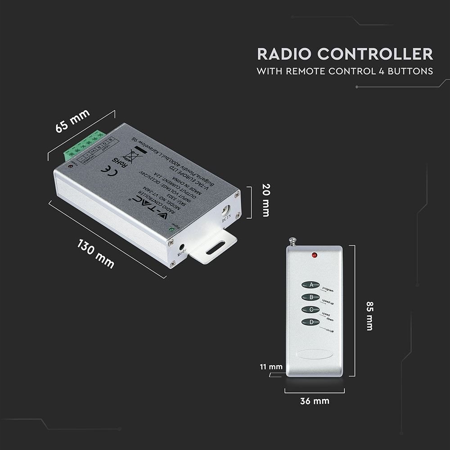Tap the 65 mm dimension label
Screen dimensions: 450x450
pos(73,121)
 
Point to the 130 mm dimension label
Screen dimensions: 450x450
pos(96,254)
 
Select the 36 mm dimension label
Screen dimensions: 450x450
pos(315,400)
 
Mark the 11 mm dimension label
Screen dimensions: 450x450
pos(270,367)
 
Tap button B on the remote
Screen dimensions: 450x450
pos(310,297)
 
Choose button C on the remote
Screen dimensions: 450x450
pos(310,310)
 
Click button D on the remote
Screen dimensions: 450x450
pos(310,322)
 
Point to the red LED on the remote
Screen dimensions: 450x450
pos(313,256)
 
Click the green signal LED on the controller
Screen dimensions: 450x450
pos(171,230)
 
